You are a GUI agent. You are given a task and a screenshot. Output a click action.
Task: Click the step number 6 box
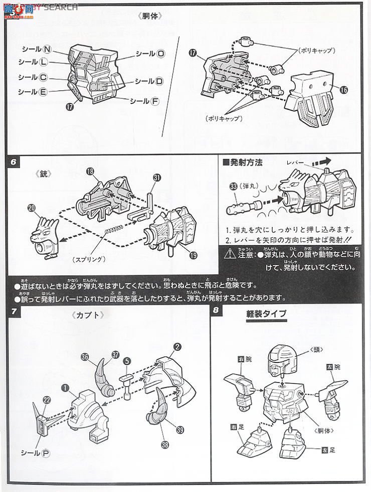coord(14,163)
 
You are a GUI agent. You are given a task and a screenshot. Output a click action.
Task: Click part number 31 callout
coord(157,177)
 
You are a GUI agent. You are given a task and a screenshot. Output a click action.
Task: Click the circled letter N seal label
coord(47,49)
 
